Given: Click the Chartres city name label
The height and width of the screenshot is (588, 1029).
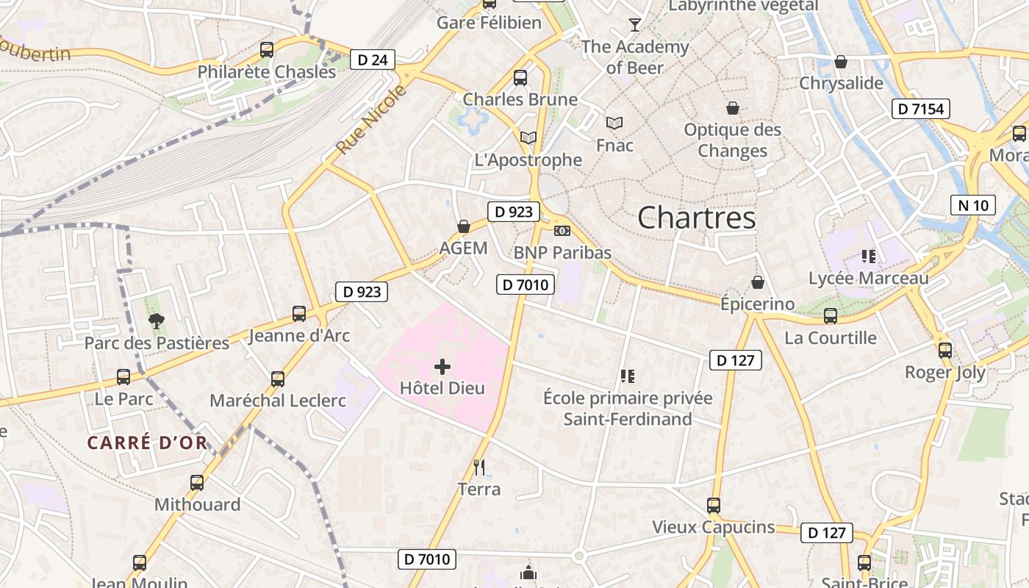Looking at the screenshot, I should (x=696, y=218).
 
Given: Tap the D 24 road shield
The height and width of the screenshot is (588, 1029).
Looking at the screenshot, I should (x=373, y=60).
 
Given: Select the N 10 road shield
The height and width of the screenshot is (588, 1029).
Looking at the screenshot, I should (x=974, y=205).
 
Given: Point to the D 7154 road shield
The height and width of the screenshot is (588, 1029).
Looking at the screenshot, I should (x=921, y=109).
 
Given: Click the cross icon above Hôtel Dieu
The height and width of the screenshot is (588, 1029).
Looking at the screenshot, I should (x=442, y=366).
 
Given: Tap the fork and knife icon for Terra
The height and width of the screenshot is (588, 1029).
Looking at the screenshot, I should (x=479, y=467).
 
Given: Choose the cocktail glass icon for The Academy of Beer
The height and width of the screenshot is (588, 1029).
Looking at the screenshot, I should (x=635, y=25).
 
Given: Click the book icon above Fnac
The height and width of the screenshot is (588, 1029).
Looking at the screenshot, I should (x=614, y=123).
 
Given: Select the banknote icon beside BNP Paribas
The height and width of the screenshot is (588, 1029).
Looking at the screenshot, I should (x=562, y=231).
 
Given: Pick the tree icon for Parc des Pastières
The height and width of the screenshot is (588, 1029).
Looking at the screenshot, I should (x=157, y=320).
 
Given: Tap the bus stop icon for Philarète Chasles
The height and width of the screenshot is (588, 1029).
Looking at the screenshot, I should (x=267, y=50).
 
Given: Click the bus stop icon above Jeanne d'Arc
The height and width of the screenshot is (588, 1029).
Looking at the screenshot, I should (x=299, y=314).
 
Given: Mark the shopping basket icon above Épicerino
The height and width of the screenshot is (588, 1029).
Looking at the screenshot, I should (x=757, y=282).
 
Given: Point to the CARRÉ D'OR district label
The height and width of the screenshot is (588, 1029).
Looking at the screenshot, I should (x=147, y=442).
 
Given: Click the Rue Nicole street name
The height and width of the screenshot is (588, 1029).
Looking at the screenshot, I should (x=371, y=120).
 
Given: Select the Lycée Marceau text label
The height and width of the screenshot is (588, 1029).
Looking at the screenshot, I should (x=868, y=279).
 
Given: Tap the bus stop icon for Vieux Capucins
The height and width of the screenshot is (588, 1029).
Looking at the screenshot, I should (x=714, y=505).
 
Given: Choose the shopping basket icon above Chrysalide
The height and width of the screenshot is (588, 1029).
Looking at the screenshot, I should (x=841, y=62).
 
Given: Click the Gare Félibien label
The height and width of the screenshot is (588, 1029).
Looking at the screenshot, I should (x=489, y=23).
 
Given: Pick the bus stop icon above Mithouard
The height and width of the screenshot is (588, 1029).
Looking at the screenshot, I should (x=197, y=483).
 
